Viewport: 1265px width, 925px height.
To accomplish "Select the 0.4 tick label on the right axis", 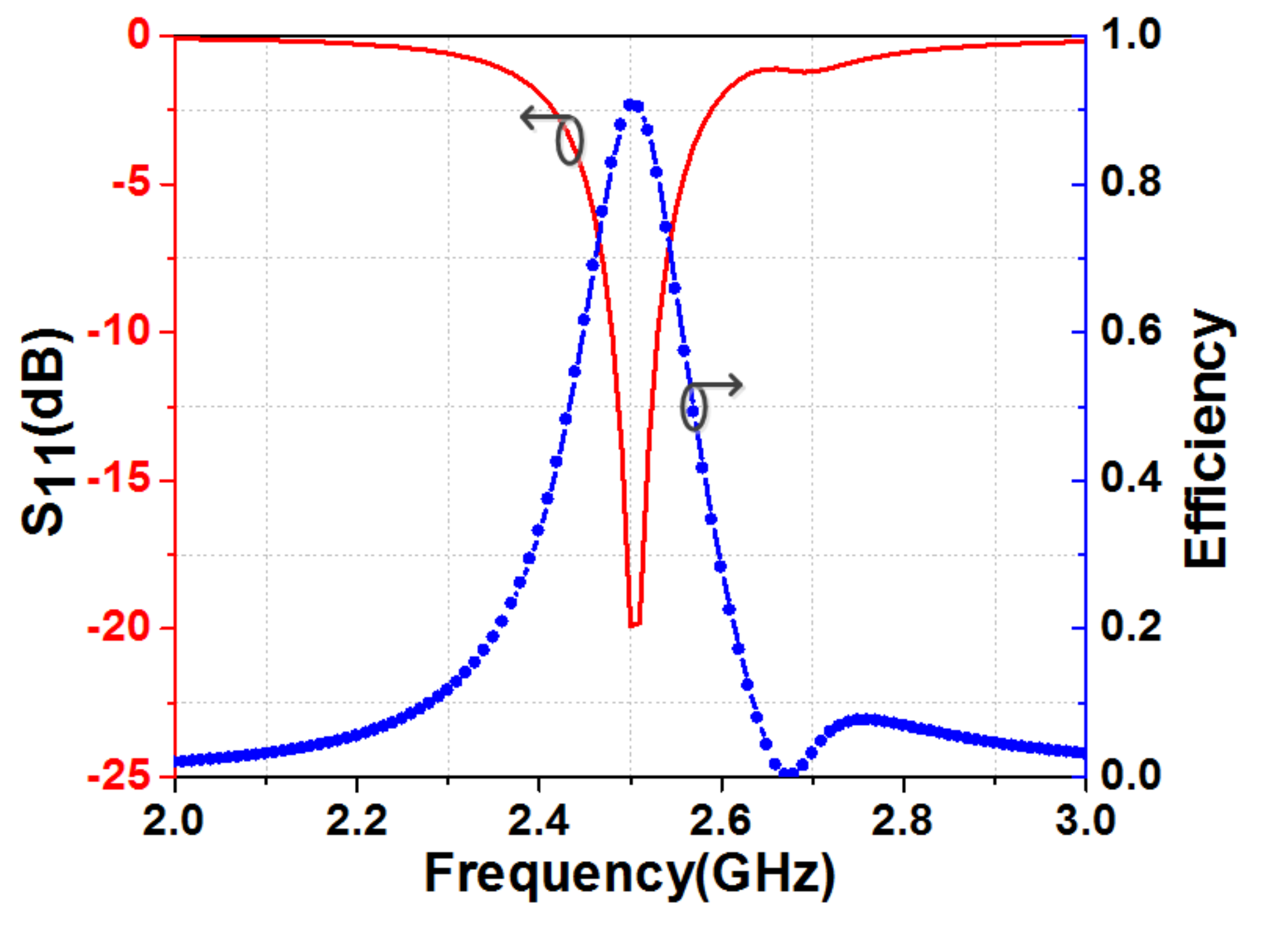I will [x=1131, y=478].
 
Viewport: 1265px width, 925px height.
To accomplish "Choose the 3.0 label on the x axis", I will [x=1085, y=821].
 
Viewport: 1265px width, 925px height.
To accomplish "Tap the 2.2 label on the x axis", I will [x=356, y=821].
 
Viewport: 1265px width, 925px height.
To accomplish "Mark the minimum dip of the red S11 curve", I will [x=635, y=625].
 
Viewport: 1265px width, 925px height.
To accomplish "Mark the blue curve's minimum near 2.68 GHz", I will [x=789, y=774].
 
